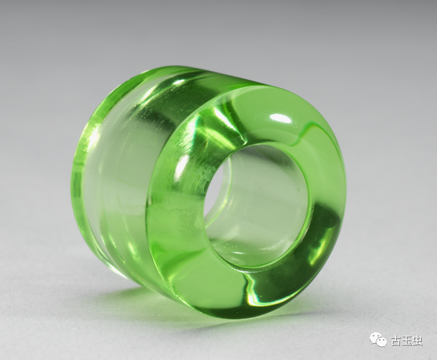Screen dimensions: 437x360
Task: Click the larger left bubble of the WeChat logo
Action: coord(375,338)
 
